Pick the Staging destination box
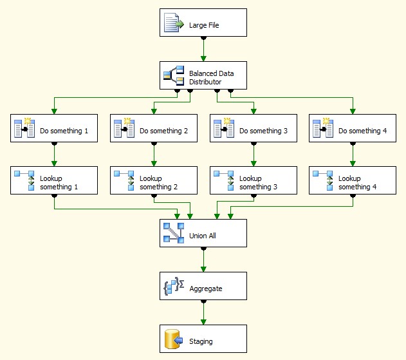[203, 339]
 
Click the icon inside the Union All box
[174, 233]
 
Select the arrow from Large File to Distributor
[203, 49]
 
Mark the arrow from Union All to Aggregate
[203, 260]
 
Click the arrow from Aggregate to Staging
[203, 312]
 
